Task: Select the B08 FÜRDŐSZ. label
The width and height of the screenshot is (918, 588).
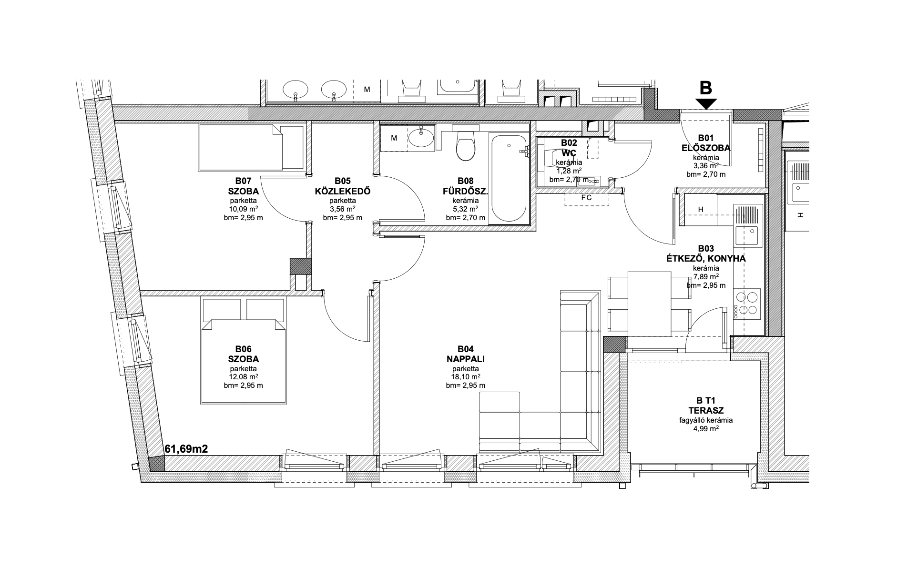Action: [x=465, y=186]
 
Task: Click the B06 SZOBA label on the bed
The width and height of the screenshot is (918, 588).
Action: [x=243, y=354]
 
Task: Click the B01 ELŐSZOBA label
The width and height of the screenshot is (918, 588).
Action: [x=706, y=143]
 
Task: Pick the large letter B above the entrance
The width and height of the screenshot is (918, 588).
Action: [x=705, y=88]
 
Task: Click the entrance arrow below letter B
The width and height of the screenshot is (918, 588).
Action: [x=706, y=103]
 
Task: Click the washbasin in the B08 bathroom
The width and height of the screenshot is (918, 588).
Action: [x=420, y=138]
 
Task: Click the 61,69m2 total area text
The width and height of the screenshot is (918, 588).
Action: [x=186, y=449]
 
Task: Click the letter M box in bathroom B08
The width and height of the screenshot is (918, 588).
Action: [x=394, y=138]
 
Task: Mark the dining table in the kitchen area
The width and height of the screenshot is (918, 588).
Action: [x=649, y=303]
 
